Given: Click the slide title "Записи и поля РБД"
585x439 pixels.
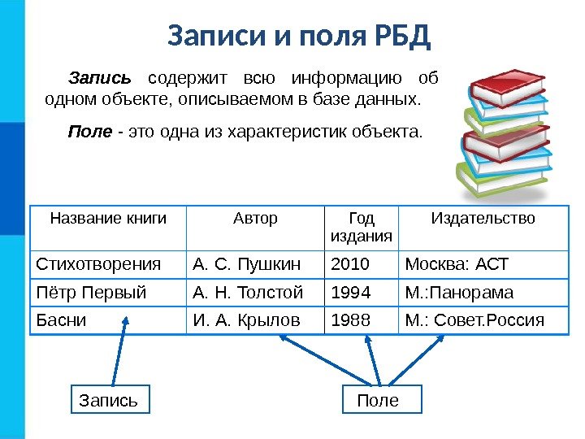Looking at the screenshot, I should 298,36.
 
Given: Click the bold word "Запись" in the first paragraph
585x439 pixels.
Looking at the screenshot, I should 99,79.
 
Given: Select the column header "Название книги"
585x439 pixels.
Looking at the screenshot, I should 108,219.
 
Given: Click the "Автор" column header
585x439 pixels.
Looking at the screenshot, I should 255,219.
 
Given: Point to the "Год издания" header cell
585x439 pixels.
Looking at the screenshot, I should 361,227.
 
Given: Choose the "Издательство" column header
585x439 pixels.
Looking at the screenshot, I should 483,219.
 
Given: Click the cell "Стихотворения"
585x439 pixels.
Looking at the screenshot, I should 98,264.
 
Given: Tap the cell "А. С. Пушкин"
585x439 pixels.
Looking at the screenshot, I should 247,264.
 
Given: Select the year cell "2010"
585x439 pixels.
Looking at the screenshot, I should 350,264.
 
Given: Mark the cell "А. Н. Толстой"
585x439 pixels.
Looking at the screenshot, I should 249,292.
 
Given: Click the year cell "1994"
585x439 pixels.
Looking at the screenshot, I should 350,292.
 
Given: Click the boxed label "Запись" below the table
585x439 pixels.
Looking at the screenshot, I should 108,400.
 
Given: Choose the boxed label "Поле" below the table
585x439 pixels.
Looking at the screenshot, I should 379,400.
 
